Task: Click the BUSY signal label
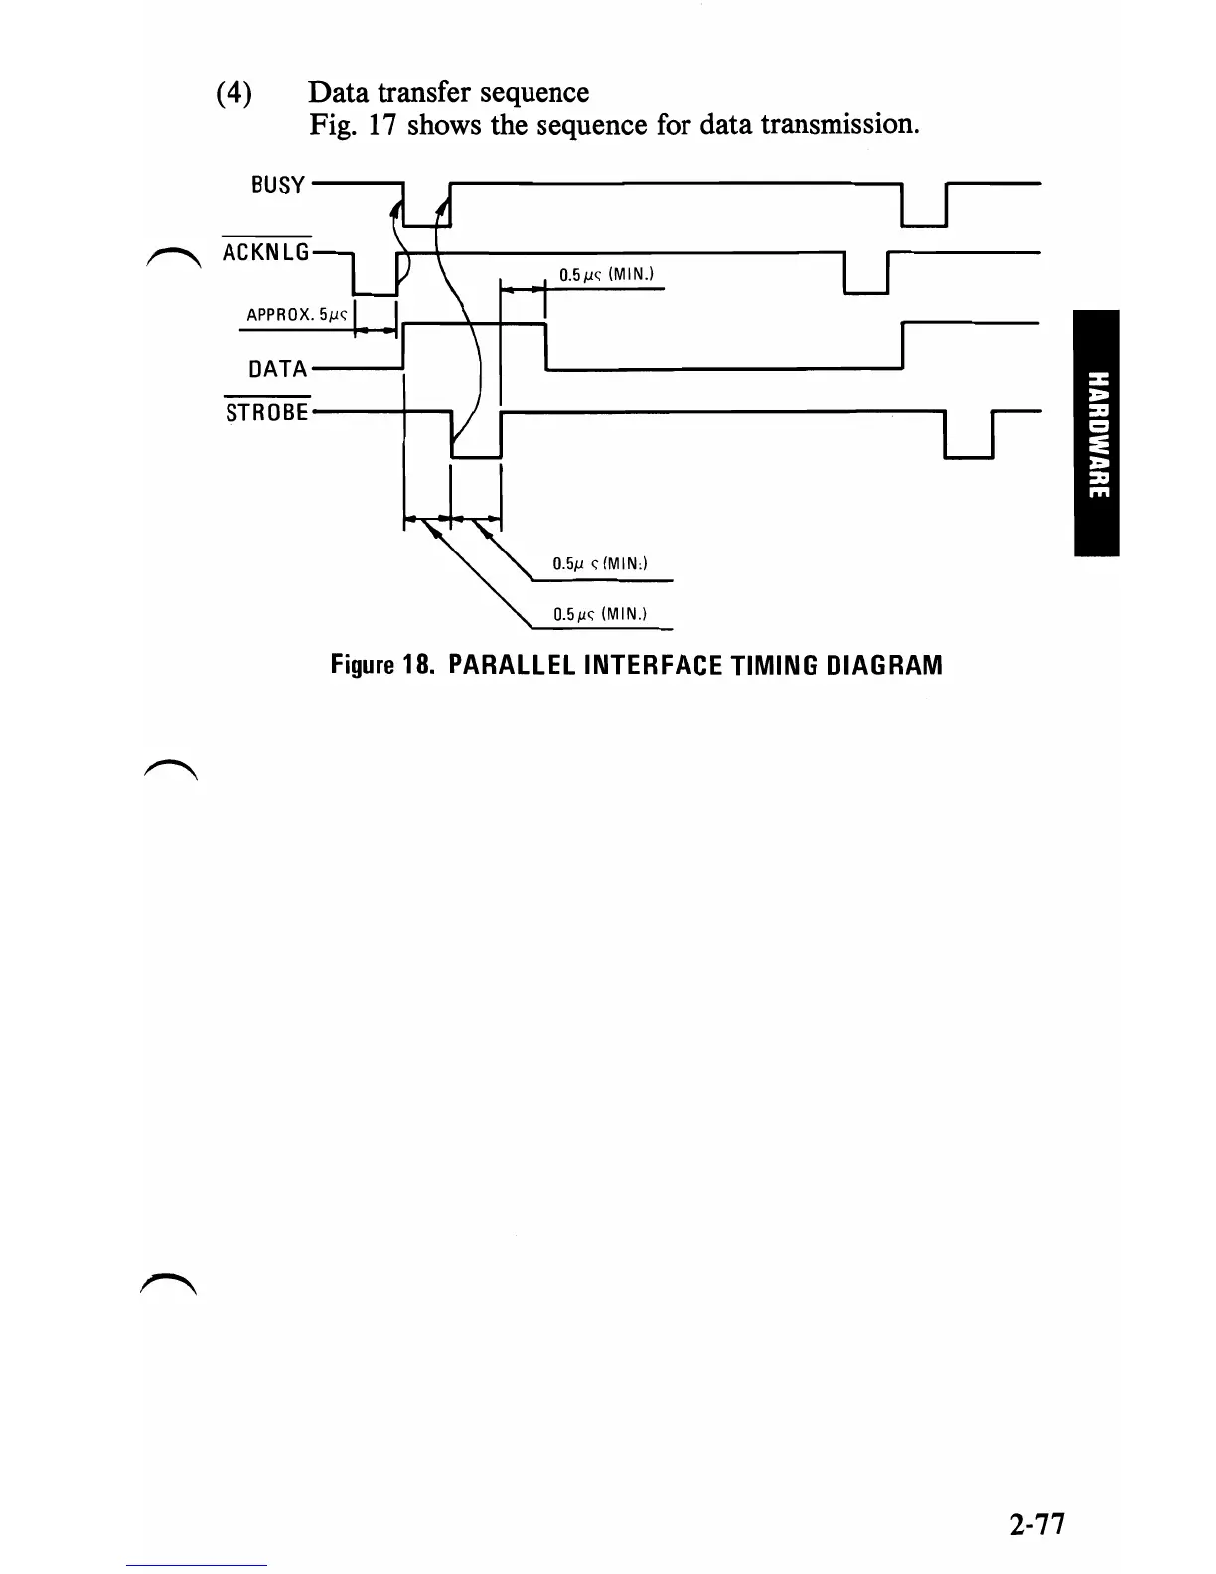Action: click(277, 185)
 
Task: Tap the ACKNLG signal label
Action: click(266, 253)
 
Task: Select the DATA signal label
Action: click(277, 369)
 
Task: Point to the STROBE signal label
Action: click(267, 412)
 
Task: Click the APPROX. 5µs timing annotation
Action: click(295, 316)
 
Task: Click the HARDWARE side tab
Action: click(1096, 432)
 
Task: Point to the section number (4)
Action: click(233, 93)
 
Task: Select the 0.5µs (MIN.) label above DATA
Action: click(605, 275)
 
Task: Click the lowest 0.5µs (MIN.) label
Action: click(600, 614)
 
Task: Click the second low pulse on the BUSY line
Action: click(924, 209)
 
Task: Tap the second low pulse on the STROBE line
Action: click(969, 437)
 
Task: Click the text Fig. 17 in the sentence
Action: click(354, 125)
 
